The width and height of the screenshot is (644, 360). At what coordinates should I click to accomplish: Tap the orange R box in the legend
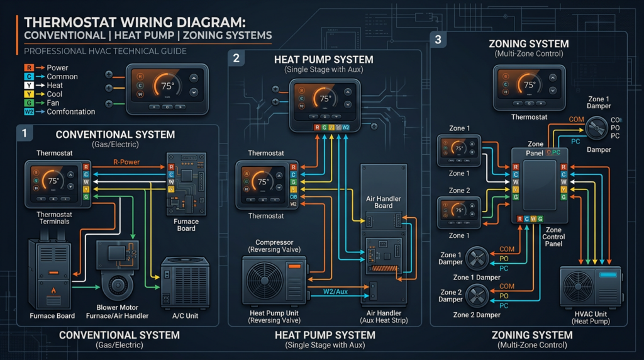(x=28, y=68)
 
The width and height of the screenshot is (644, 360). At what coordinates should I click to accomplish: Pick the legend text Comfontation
(x=71, y=112)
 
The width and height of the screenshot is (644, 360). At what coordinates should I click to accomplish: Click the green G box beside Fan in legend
(x=28, y=103)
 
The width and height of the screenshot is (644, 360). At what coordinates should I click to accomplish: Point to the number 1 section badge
(x=24, y=133)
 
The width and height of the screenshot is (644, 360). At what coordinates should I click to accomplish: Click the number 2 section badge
(x=236, y=59)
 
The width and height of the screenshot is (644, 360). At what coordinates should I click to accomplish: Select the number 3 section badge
(x=438, y=39)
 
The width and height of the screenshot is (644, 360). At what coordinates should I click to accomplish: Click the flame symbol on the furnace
(x=52, y=290)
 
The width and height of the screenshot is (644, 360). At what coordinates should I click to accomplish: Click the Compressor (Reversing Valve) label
(x=274, y=246)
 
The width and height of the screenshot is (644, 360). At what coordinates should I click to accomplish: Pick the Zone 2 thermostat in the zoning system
(x=458, y=211)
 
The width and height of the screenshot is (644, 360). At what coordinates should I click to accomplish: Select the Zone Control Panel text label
(x=554, y=237)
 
